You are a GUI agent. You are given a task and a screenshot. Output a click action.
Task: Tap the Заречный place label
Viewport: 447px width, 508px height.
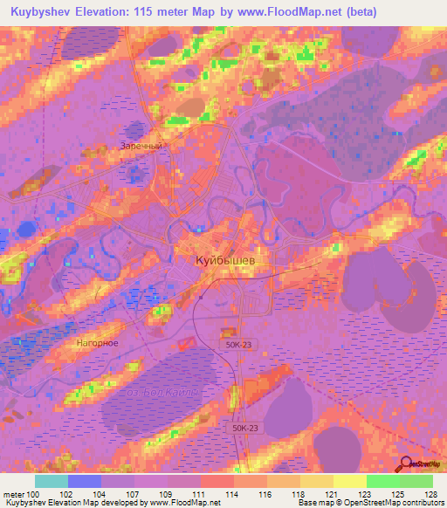tap(141, 147)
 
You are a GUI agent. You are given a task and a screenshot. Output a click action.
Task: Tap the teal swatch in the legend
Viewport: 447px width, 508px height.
tap(51, 481)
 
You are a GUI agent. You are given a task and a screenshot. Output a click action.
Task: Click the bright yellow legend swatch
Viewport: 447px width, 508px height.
tap(349, 481)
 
